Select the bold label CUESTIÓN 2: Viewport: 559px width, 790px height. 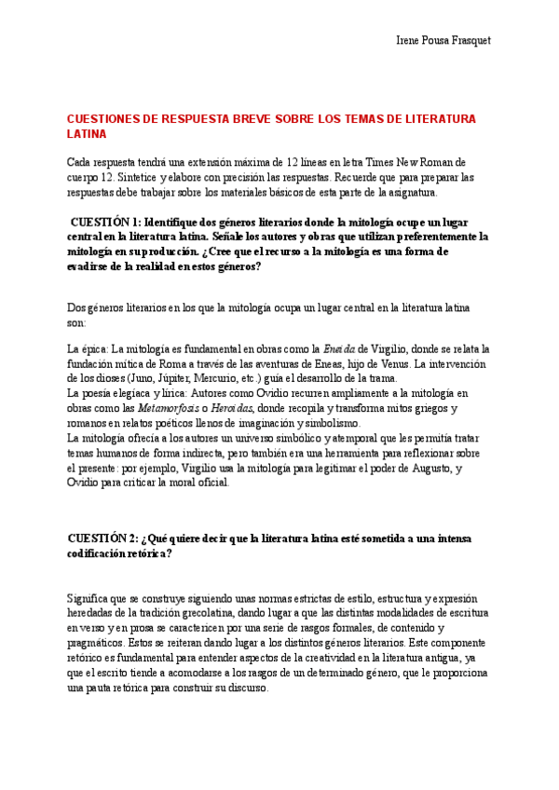click(x=104, y=538)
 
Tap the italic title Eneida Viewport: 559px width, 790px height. click(x=338, y=349)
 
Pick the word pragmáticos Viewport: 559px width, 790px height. click(x=99, y=644)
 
